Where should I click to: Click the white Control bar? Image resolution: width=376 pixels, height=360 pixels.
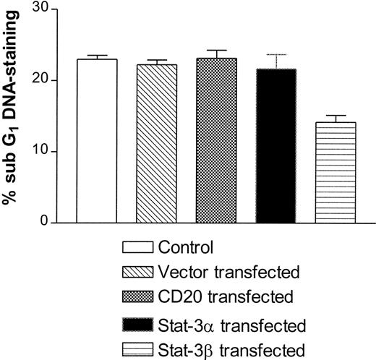pos(97,141)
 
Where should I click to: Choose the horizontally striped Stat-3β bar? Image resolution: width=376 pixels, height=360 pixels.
pos(336,172)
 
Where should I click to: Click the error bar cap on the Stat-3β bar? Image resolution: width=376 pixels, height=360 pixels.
pos(336,116)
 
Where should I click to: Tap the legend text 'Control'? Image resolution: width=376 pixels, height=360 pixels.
pos(186,248)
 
